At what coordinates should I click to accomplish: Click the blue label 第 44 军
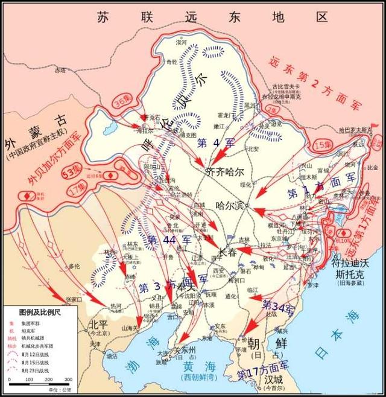tap(169, 240)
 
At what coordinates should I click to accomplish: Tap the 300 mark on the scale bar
tap(68, 380)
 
